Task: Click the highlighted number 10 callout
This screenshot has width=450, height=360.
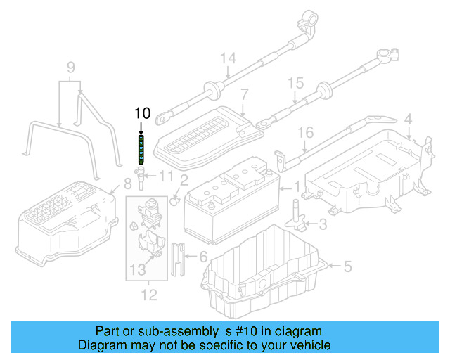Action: tap(142, 112)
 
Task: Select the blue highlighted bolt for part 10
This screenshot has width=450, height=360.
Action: tap(142, 149)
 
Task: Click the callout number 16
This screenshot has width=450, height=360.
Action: tap(304, 131)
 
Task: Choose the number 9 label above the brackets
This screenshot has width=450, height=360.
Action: tap(70, 67)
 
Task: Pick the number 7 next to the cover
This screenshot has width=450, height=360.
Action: tap(244, 94)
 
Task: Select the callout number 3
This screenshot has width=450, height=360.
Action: tap(322, 225)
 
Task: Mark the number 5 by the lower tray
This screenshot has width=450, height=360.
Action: tap(347, 266)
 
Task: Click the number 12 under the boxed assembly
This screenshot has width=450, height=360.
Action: tap(149, 295)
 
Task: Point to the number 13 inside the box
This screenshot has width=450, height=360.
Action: tap(139, 269)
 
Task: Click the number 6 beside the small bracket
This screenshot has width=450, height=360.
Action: tap(203, 257)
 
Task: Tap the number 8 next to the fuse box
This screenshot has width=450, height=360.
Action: tap(127, 185)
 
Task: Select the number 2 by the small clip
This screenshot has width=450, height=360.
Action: tap(184, 181)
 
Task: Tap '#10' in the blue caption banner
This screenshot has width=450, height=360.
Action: tap(246, 331)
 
